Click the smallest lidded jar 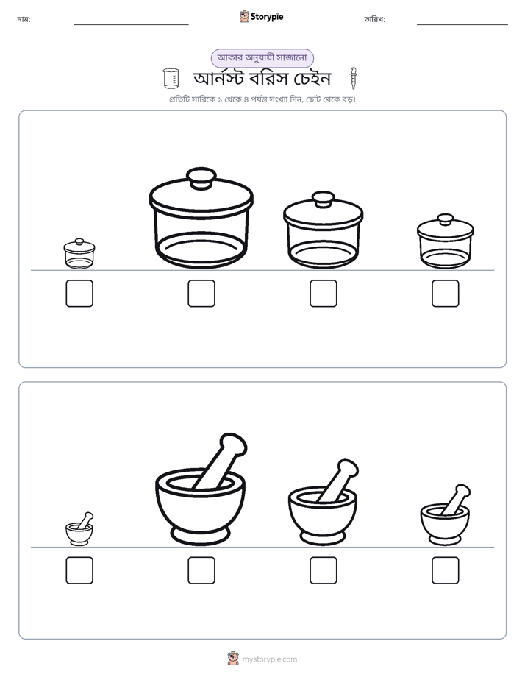click(79, 254)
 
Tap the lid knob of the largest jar click(201, 177)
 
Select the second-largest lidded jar click(323, 230)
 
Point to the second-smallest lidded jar click(446, 241)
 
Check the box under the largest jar click(201, 294)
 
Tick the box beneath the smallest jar click(79, 294)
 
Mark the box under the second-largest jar click(324, 294)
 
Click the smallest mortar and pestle click(79, 529)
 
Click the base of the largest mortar click(200, 536)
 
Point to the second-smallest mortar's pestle click(455, 499)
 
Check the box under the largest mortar click(201, 570)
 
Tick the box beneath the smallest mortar click(79, 570)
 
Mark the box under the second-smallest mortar click(446, 570)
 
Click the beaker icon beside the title click(171, 79)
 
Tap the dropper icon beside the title click(354, 79)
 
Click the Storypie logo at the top click(261, 17)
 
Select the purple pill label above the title click(262, 58)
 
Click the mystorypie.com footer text click(269, 659)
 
